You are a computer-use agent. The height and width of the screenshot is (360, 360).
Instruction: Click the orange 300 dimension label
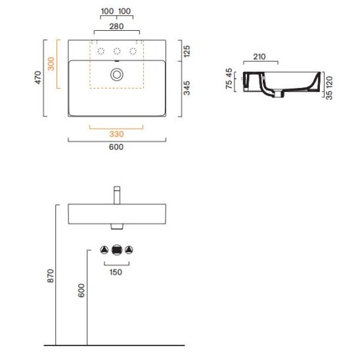click(x=51, y=64)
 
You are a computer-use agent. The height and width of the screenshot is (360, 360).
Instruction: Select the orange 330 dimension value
click(x=116, y=134)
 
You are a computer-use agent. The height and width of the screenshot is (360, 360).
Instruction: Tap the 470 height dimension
click(x=38, y=78)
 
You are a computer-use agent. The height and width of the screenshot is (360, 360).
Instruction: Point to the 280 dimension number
click(x=116, y=26)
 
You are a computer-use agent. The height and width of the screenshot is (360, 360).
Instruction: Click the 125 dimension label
click(x=187, y=51)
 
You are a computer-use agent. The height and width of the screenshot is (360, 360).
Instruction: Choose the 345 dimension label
click(x=187, y=88)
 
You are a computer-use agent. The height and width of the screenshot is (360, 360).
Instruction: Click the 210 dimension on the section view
click(x=259, y=56)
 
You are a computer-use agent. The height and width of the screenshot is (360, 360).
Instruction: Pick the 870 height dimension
click(x=51, y=276)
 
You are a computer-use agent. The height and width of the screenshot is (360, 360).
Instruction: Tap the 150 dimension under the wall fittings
click(x=116, y=272)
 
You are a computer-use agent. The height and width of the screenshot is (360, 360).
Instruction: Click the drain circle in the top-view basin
click(x=117, y=75)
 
